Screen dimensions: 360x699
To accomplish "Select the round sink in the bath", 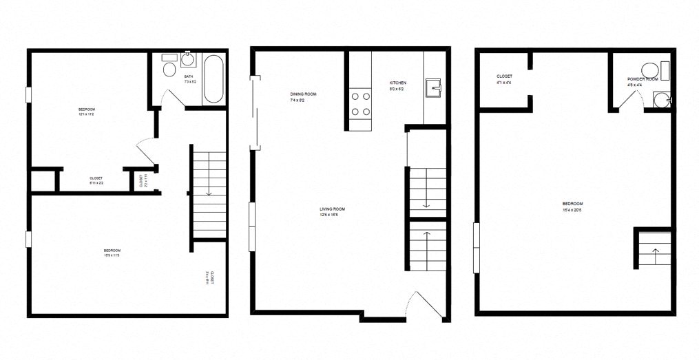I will [187, 59].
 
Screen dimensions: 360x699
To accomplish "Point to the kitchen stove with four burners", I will [361, 103].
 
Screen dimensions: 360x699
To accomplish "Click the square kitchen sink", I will [433, 87].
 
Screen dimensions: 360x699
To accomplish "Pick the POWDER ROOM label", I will [642, 79].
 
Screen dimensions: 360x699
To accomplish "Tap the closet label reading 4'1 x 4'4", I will [503, 83].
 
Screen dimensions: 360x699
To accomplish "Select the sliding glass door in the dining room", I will [255, 114].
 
